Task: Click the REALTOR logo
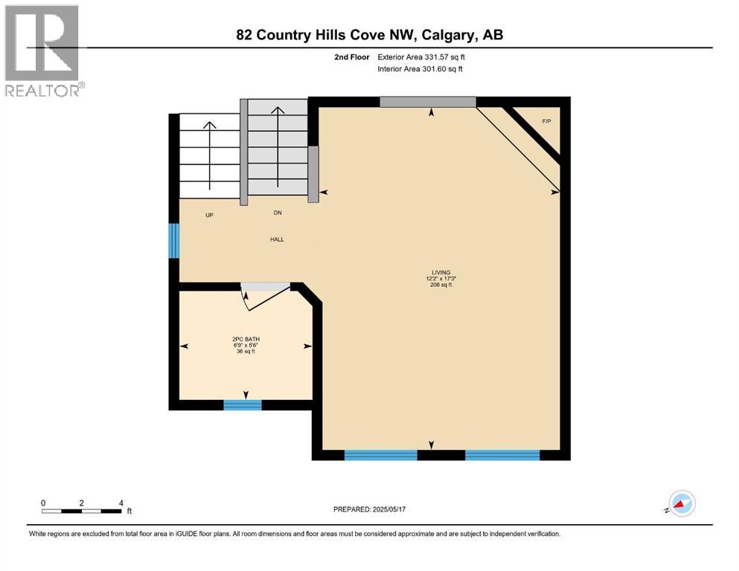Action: point(43,51)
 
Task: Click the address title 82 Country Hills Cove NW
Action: point(369,35)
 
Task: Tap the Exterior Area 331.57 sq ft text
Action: point(422,57)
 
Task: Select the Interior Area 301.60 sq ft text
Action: point(420,69)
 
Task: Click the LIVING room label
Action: point(441,272)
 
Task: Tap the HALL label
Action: point(277,239)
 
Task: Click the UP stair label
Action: point(210,215)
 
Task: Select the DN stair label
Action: point(277,213)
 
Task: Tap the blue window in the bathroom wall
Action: point(243,405)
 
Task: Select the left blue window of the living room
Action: point(380,455)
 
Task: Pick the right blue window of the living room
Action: point(502,455)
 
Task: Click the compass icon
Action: point(681,504)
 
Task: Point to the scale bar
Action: point(82,510)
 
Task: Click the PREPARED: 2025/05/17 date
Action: point(369,509)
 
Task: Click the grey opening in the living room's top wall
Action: point(427,102)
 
